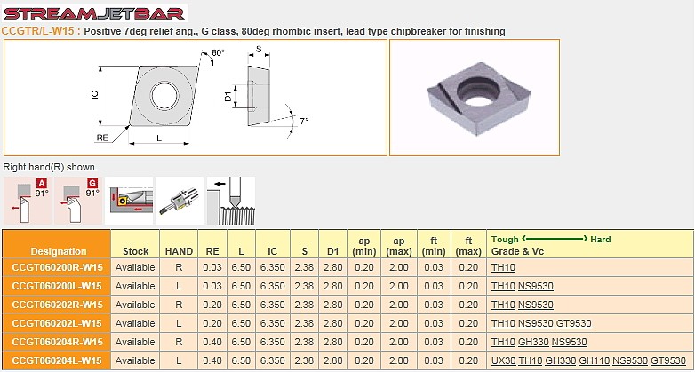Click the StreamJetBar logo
tap(94, 13)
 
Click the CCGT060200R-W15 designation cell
tap(57, 267)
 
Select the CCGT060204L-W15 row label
tap(57, 360)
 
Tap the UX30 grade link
tap(504, 360)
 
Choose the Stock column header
tap(135, 251)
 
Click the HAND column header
tap(179, 251)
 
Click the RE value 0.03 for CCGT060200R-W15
tap(212, 267)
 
